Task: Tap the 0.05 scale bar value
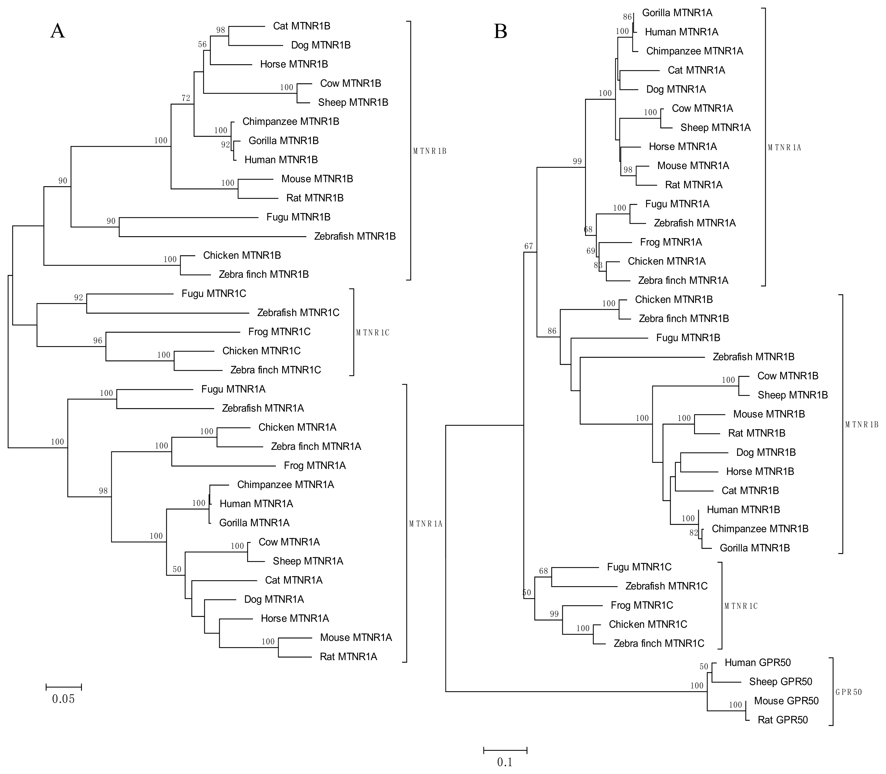(x=63, y=699)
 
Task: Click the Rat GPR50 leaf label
(x=782, y=720)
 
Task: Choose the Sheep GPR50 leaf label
(x=780, y=682)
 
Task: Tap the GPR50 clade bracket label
(x=849, y=692)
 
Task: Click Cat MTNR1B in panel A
(x=302, y=26)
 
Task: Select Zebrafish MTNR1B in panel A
(x=355, y=236)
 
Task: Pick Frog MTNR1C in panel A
(x=279, y=332)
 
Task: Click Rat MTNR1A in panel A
(x=348, y=657)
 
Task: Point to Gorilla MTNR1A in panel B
(x=677, y=12)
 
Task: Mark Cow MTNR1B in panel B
(x=787, y=376)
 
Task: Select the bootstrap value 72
(x=186, y=98)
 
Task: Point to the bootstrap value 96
(x=98, y=340)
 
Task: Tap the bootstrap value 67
(x=529, y=246)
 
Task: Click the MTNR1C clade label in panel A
(x=373, y=333)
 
